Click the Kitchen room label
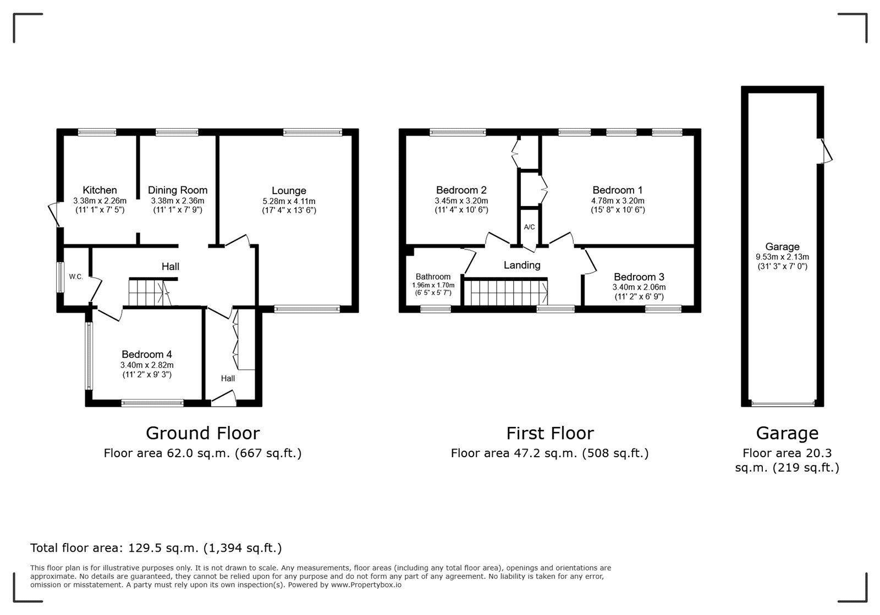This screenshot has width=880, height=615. [100, 190]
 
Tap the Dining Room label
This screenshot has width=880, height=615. [178, 190]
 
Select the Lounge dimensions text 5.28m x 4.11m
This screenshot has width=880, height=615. [289, 201]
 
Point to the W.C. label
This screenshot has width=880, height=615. [76, 276]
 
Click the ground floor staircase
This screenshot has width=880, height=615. [147, 292]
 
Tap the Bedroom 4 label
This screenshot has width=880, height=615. [147, 354]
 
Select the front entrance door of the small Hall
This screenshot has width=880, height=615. [224, 400]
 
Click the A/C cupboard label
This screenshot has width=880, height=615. [529, 227]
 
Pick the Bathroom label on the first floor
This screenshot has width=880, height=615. [433, 276]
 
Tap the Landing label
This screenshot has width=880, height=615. [522, 265]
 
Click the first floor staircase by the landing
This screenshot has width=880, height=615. [505, 292]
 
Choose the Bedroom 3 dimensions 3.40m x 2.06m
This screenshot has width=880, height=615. [639, 287]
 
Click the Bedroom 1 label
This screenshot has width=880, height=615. [618, 190]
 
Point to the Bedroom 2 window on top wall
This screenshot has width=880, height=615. [458, 132]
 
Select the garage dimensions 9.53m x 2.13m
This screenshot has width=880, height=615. [782, 257]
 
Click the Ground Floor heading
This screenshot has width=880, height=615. [202, 433]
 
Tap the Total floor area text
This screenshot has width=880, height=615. [156, 548]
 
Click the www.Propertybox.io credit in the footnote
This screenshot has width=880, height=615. [366, 585]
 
